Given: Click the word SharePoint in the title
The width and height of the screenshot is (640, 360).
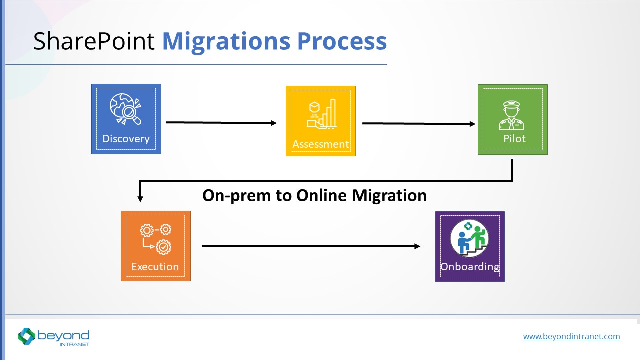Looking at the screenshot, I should click(94, 42).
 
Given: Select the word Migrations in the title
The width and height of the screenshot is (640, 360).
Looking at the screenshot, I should click(226, 42).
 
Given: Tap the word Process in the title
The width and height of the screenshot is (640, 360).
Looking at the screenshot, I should click(342, 42).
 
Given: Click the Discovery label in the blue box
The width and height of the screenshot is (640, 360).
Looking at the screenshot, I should click(126, 139).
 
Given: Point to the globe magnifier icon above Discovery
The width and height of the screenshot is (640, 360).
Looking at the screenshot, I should click(126, 108).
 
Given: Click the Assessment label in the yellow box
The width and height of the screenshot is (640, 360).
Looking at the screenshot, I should click(321, 144).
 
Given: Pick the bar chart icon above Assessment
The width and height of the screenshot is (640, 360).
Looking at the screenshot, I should click(322, 114).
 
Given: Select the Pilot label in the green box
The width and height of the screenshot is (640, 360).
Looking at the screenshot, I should click(514, 139).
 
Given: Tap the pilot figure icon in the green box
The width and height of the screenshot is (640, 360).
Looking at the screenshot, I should click(512, 115).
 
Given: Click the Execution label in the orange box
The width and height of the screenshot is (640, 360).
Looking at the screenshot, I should click(155, 267).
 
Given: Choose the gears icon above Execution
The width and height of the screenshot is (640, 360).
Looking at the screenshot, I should click(156, 238).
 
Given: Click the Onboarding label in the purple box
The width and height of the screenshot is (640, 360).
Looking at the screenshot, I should click(470, 267).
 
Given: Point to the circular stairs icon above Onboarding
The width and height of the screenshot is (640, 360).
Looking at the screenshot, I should click(469, 238).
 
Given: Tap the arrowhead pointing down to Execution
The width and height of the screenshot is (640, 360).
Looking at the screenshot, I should click(140, 198).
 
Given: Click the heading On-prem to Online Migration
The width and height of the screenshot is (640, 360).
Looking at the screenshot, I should click(314, 195).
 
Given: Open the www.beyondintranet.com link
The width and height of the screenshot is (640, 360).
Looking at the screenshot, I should click(571, 336).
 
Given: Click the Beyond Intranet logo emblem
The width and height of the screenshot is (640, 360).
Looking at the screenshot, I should click(27, 336).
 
